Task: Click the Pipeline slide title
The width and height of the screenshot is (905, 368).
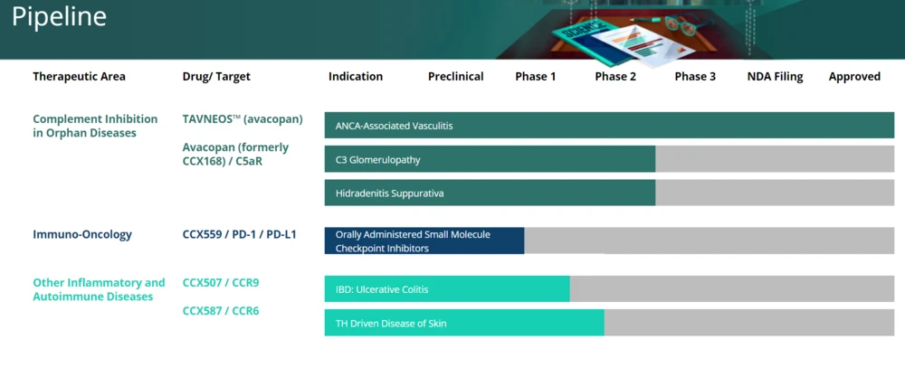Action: [x=59, y=18]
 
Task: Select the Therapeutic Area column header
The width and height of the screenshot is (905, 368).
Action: [x=79, y=77]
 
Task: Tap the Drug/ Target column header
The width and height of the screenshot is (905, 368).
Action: [x=216, y=77]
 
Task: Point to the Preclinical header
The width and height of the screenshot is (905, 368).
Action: [x=456, y=77]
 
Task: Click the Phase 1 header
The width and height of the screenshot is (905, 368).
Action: [x=536, y=77]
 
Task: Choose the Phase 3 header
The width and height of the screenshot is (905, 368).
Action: [x=695, y=77]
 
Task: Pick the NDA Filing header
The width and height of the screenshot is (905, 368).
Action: [x=776, y=77]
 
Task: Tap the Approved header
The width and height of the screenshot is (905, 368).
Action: [x=855, y=77]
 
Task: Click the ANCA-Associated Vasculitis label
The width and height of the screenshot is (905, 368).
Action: [x=395, y=126]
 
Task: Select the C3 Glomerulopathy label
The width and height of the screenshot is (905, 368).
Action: [x=378, y=160]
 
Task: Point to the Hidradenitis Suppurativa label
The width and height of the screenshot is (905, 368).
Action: [x=389, y=193]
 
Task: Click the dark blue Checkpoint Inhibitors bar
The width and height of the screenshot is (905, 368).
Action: [x=424, y=241]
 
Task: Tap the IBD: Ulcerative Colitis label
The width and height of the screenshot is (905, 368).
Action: [x=382, y=289]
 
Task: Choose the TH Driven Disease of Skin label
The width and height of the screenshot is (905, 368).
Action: [x=391, y=324]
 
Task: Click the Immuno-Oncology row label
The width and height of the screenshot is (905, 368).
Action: [x=82, y=235]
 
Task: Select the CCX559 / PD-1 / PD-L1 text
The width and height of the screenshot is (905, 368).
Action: [x=240, y=235]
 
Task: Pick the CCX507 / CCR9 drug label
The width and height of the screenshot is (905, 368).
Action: [x=221, y=283]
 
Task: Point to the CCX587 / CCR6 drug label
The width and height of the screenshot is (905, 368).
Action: [x=221, y=311]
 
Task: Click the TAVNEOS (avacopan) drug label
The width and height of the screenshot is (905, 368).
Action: [x=243, y=119]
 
